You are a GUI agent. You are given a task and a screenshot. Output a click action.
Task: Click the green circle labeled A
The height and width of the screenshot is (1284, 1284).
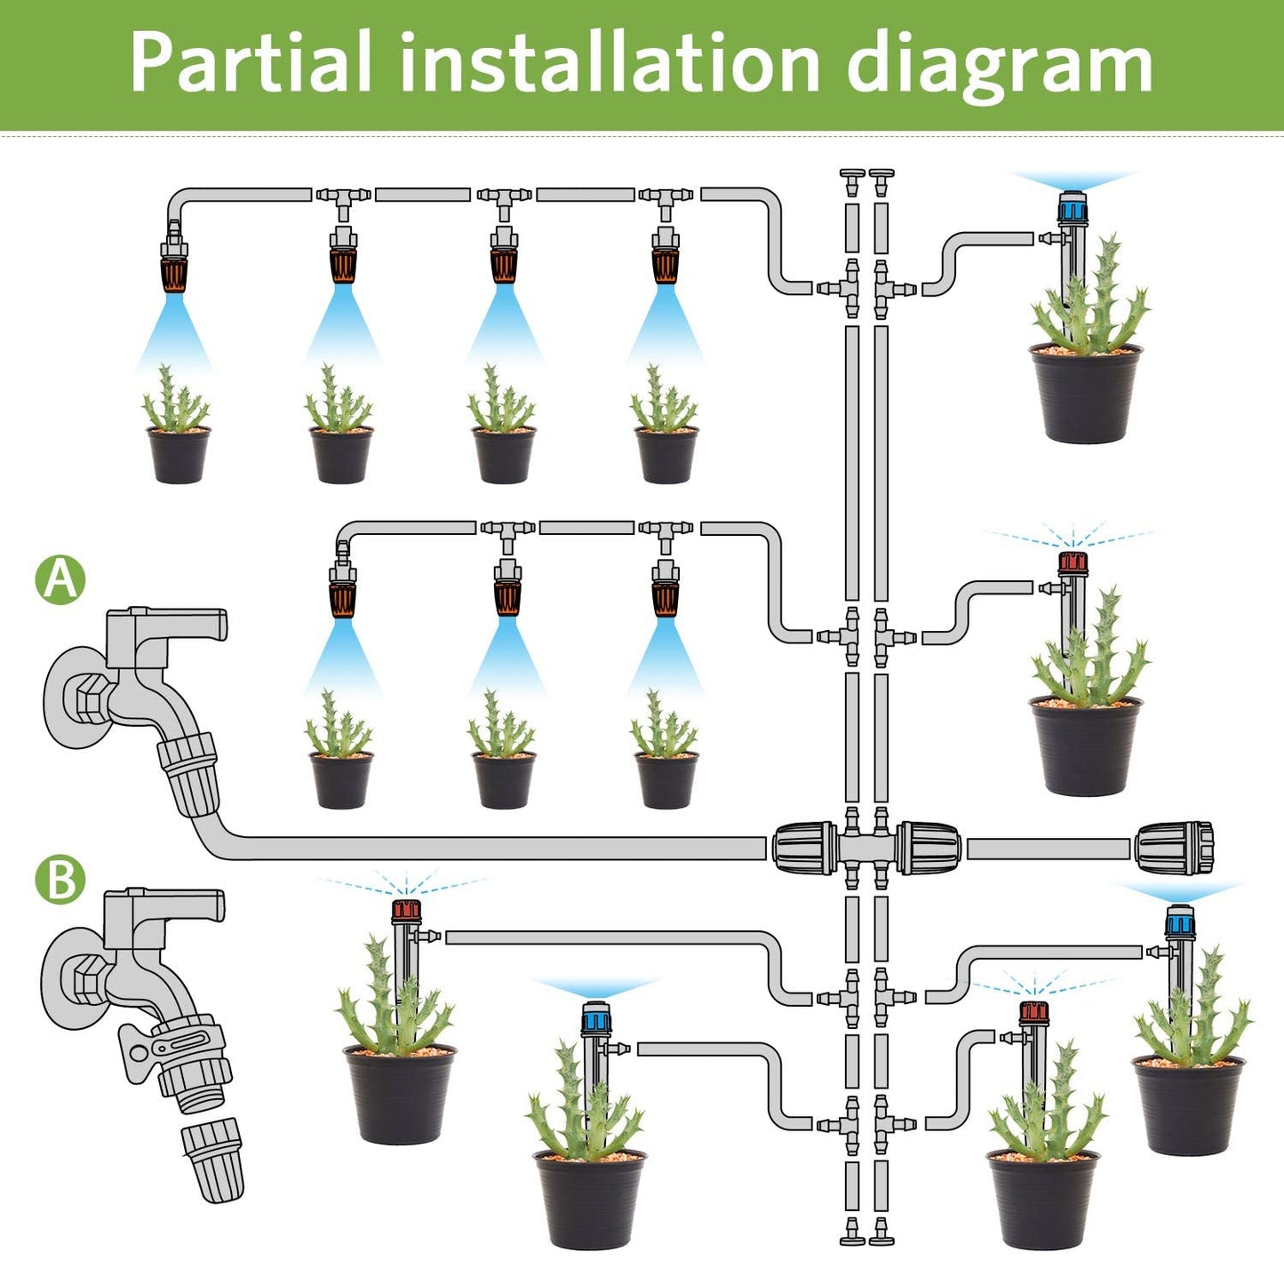click(x=60, y=579)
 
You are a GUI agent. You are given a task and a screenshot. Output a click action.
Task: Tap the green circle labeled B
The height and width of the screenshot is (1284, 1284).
click(x=60, y=880)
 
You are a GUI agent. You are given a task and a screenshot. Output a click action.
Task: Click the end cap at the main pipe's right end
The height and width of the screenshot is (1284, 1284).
click(x=1174, y=849)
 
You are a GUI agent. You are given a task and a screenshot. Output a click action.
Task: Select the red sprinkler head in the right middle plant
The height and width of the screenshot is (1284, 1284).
click(x=1073, y=562)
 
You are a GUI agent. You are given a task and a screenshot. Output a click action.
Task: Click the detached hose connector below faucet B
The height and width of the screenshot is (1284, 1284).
click(x=212, y=1161)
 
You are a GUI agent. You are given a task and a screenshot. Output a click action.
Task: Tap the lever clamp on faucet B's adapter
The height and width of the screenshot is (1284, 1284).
click(x=139, y=1052)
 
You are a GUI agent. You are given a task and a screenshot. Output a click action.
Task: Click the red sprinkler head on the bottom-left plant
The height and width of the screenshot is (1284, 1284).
click(x=406, y=910)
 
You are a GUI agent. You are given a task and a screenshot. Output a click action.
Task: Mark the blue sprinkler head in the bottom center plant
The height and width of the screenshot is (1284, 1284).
click(x=595, y=1018)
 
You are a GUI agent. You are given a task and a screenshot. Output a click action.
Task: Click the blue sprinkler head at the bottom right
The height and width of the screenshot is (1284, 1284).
click(x=1180, y=921)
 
